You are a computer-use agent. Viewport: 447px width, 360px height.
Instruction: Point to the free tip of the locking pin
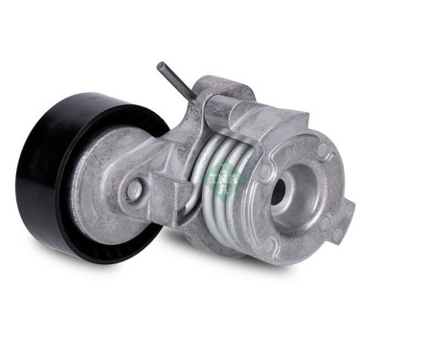(x=162, y=66)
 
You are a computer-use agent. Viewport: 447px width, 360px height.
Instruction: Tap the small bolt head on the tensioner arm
(x=135, y=190)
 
